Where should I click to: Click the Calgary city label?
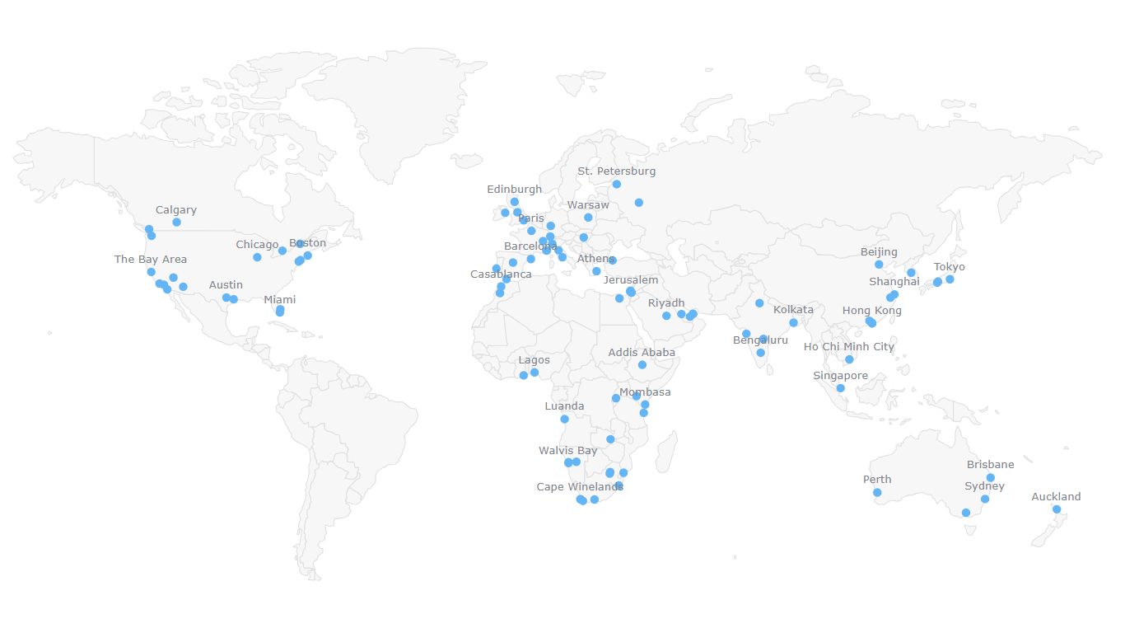(176, 210)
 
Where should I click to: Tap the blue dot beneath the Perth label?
(877, 493)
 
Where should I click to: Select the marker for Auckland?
(1057, 509)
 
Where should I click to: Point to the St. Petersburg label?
(616, 171)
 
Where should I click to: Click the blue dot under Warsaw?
(588, 218)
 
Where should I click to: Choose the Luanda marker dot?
(564, 419)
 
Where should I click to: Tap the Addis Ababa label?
(642, 353)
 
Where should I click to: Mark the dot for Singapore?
(840, 388)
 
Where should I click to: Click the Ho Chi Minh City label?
(848, 347)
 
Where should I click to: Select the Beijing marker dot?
(879, 265)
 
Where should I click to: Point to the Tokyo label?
(949, 267)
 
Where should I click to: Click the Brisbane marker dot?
(990, 478)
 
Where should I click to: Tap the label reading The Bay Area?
(151, 260)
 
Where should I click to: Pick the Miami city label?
(280, 300)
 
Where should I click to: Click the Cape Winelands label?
(580, 487)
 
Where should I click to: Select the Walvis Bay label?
(567, 451)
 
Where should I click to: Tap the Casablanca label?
(501, 274)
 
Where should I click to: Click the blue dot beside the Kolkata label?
(793, 323)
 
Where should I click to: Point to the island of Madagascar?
(666, 452)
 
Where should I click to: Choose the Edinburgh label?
(514, 190)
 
